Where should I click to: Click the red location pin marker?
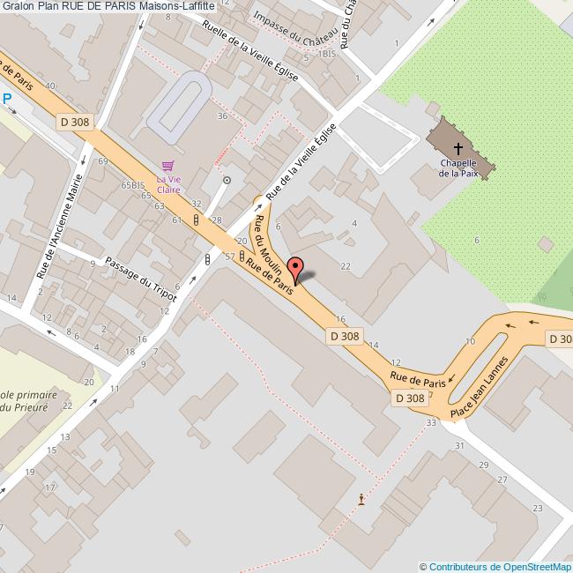296,268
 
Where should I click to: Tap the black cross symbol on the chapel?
458,147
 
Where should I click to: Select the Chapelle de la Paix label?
458,168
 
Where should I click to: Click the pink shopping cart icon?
168,166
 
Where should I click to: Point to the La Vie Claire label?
168,183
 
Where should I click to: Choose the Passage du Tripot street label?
141,279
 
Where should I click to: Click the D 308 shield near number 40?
76,122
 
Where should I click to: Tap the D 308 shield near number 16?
345,336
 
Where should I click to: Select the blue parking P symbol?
6,100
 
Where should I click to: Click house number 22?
346,266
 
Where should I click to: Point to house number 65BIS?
132,185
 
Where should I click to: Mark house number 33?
431,423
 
